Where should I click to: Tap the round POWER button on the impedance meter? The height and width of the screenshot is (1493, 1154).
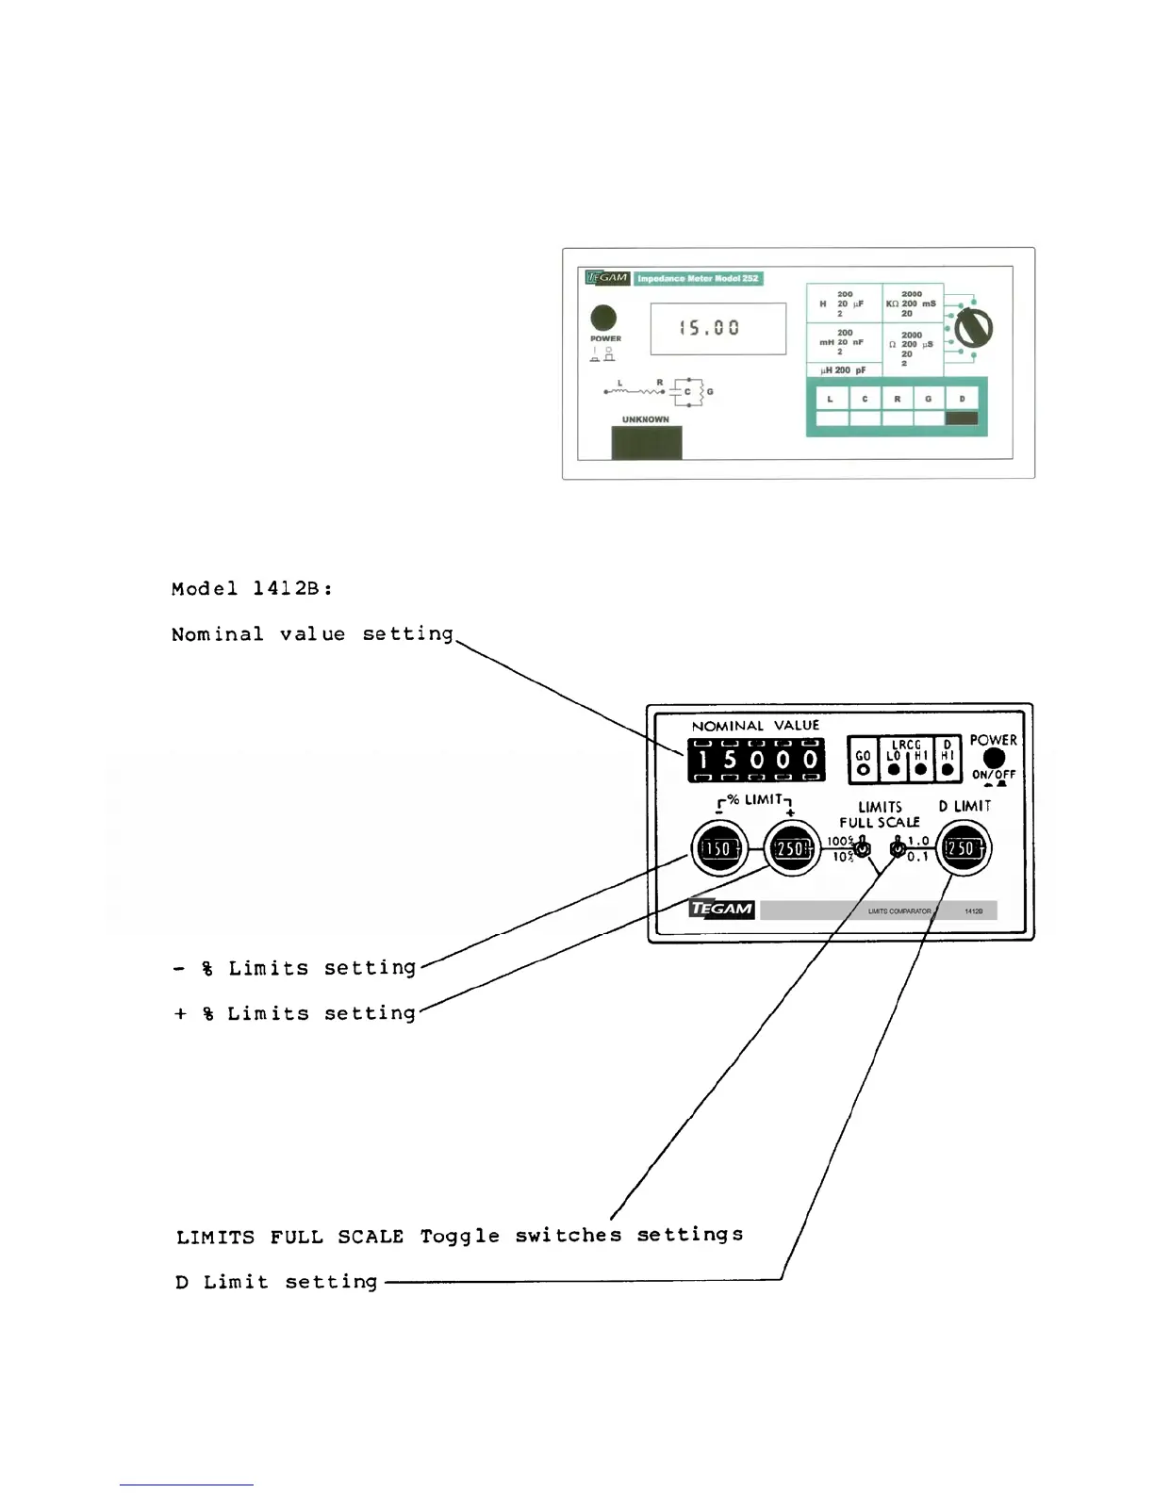pos(603,318)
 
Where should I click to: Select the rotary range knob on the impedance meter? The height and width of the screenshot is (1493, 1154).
pos(973,328)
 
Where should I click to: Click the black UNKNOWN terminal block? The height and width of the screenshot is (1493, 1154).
pos(647,442)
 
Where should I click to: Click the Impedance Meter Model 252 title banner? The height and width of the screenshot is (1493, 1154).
pos(698,278)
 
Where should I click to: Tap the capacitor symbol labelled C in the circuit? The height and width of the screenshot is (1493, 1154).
pos(687,391)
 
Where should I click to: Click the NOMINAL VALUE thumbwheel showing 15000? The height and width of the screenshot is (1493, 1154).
pos(756,760)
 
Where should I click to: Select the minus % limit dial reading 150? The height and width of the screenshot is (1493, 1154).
pos(719,848)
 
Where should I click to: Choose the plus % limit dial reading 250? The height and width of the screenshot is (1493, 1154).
pos(791,848)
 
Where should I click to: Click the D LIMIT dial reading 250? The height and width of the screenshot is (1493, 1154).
pos(964,848)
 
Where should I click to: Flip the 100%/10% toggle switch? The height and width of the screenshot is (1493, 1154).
pos(862,847)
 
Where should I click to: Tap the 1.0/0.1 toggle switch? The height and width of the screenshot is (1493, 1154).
pos(898,847)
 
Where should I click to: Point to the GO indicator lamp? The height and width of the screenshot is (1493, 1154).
pos(863,769)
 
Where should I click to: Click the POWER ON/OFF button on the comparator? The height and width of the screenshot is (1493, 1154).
pos(993,760)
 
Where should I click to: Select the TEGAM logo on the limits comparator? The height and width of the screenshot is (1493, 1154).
pos(721,909)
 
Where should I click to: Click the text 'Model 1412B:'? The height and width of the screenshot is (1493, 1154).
pos(253,589)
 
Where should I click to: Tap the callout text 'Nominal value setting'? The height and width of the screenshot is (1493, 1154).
pos(312,634)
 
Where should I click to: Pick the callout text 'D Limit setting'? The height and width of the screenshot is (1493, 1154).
pos(276,1282)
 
